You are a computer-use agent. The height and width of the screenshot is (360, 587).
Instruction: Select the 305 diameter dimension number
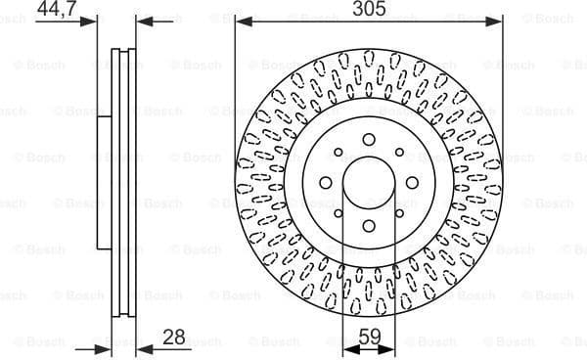tap(368, 9)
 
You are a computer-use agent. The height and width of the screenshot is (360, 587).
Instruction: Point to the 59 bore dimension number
tap(368, 338)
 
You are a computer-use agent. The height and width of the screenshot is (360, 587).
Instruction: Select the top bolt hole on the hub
tap(369, 139)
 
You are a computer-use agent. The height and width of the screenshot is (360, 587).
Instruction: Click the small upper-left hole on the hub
tap(338, 152)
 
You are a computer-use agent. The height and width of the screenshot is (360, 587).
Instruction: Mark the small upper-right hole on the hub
tap(399, 152)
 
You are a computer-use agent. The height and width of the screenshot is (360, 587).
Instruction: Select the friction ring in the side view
tap(122, 186)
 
